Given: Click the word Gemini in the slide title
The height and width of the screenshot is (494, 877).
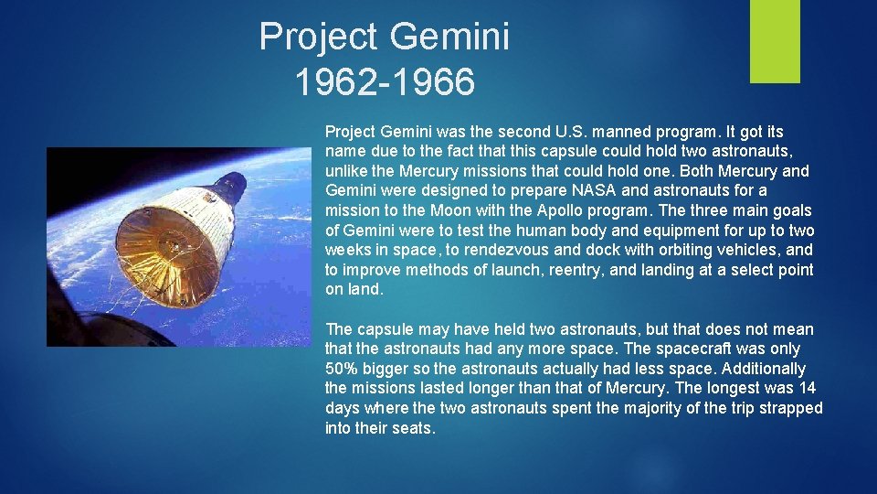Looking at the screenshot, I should (x=449, y=38).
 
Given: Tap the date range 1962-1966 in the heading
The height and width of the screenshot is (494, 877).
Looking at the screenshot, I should (x=385, y=82).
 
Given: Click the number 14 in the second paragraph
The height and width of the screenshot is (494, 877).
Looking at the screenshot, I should (x=808, y=389).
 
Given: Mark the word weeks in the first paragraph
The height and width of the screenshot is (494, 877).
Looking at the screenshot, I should (x=347, y=250).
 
